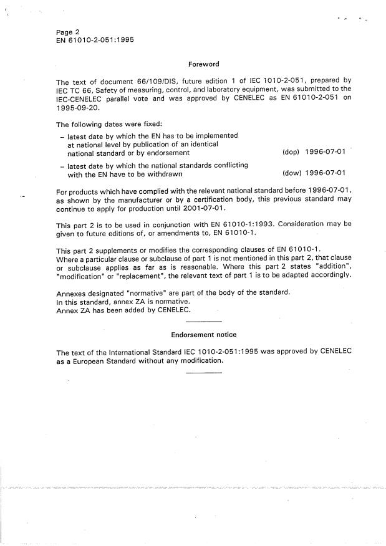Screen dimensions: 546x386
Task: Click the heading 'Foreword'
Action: pos(203,64)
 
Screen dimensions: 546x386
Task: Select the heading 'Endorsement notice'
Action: pos(203,335)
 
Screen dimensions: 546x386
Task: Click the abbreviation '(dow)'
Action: pos(292,174)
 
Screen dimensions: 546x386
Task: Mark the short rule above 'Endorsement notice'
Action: pos(204,321)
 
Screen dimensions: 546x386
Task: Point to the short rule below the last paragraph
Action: pos(204,373)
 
